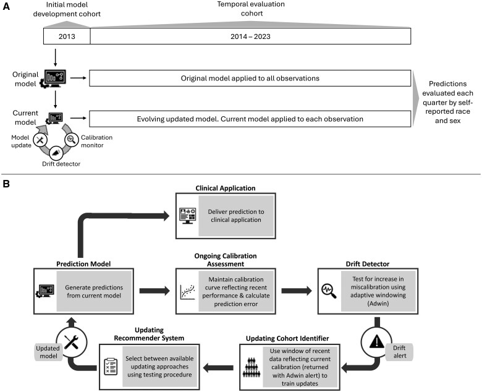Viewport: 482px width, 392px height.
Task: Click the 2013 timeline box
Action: tap(67, 36)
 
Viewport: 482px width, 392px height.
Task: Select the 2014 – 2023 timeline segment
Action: tap(250, 36)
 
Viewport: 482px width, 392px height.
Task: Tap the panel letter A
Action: tap(6, 6)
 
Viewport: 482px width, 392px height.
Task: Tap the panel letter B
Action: tap(6, 184)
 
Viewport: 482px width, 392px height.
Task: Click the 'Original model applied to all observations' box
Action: tap(250, 78)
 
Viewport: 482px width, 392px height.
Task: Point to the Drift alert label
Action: tap(399, 352)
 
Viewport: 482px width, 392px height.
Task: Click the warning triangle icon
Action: tap(376, 341)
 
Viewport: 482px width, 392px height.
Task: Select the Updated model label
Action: tap(48, 352)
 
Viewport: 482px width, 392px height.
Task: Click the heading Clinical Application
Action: tap(226, 188)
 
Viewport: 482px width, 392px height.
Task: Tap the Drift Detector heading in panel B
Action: tap(368, 264)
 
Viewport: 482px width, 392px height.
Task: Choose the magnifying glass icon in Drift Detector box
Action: tap(329, 291)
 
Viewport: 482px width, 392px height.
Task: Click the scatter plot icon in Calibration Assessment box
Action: tap(187, 292)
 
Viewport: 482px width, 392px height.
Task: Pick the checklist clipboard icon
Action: tap(111, 366)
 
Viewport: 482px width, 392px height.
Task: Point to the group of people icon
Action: tap(252, 367)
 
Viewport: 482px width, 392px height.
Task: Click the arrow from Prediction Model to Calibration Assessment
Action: tap(154, 291)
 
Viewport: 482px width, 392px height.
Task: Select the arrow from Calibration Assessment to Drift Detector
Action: tap(297, 291)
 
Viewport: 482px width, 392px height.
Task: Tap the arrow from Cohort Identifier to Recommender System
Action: tap(219, 367)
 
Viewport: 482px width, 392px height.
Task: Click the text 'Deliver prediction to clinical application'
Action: tap(236, 216)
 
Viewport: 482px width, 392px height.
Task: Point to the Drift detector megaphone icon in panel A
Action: tap(56, 153)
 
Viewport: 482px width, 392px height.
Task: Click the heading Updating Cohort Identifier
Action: tap(287, 338)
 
